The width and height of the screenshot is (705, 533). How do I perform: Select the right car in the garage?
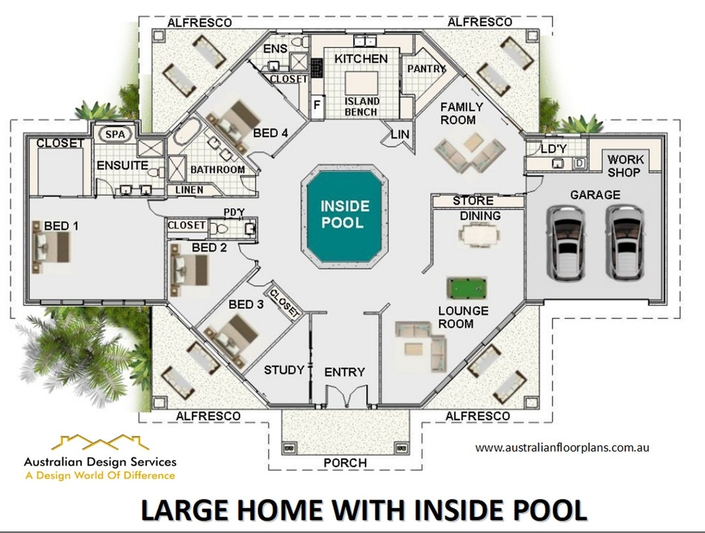click(625, 242)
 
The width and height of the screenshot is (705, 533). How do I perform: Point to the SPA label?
click(115, 134)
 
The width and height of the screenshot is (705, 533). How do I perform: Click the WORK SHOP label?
click(625, 166)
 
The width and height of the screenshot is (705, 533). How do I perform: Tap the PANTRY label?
click(426, 69)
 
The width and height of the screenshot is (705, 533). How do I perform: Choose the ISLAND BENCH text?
click(362, 106)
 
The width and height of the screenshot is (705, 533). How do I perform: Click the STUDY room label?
click(284, 371)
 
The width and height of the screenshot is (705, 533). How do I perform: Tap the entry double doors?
click(344, 397)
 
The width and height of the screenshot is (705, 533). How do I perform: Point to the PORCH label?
click(345, 463)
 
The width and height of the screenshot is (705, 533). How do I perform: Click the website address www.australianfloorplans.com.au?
click(561, 448)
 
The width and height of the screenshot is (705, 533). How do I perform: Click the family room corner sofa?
click(469, 154)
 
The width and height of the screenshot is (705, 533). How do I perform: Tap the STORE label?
click(473, 201)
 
